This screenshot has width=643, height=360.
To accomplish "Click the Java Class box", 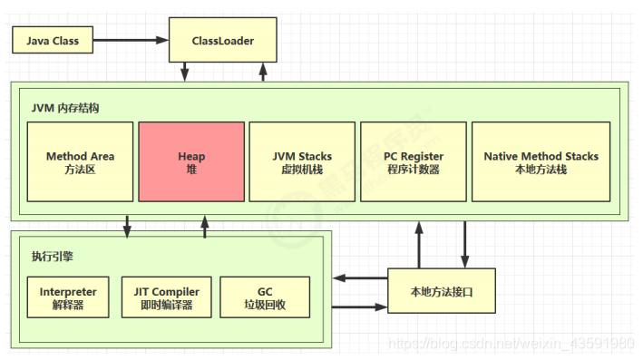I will tap(52, 41).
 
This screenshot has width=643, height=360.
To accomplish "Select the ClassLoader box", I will tap(223, 41).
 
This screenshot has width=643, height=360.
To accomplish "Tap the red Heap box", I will tap(191, 162).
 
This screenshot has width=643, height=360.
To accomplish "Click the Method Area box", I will tap(80, 162).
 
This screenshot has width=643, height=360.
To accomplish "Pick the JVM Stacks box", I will tap(302, 162).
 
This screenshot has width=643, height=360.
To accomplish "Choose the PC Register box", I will tap(414, 162).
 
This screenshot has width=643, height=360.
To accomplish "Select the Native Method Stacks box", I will tap(541, 162).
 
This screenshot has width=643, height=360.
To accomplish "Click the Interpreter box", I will tap(68, 297).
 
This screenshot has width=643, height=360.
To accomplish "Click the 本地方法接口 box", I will tap(442, 291).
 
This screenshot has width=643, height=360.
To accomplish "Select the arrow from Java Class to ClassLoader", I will tap(131, 41).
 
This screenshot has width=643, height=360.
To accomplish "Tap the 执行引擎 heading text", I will tap(52, 257).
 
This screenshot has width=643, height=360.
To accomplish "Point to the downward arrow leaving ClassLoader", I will tap(185, 71).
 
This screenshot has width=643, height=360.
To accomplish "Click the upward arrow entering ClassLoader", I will tap(264, 71).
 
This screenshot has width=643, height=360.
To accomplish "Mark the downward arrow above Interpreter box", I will tap(127, 225).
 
